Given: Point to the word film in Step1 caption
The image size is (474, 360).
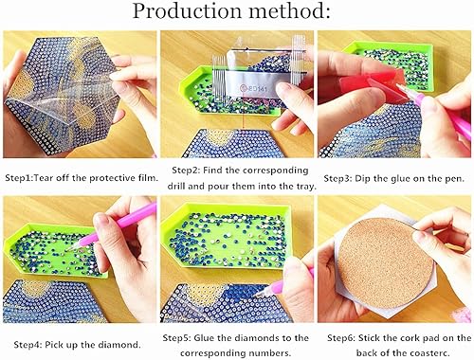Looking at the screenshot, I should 140,178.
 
